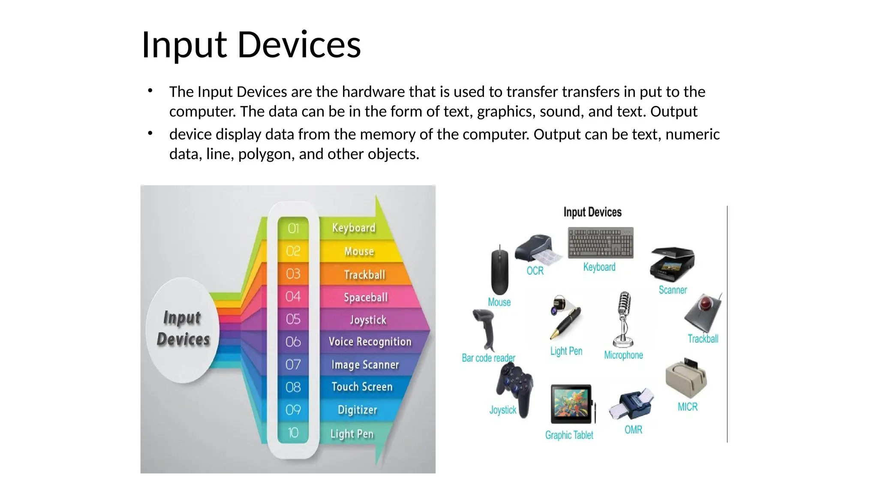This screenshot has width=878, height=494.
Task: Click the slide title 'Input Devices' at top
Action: [x=251, y=45]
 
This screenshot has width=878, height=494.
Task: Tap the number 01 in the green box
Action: [x=293, y=228]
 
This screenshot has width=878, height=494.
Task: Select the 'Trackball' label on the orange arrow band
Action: [x=364, y=274]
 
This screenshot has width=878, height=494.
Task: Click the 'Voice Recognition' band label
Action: [x=370, y=342]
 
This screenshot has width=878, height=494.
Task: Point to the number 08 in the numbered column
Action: [x=293, y=387]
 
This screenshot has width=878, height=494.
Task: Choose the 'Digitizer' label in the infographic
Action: [x=357, y=410]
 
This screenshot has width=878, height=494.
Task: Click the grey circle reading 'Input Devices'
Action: [x=183, y=329]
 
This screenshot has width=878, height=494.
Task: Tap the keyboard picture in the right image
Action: [x=600, y=243]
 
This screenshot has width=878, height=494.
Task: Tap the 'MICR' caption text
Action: [x=687, y=407]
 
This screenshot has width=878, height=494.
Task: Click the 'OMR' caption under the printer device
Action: [x=633, y=430]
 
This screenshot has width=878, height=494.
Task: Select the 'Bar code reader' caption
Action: [x=488, y=358]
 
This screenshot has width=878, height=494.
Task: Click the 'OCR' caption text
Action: [x=535, y=271]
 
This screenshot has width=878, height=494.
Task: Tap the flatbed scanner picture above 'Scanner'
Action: [x=672, y=263]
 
